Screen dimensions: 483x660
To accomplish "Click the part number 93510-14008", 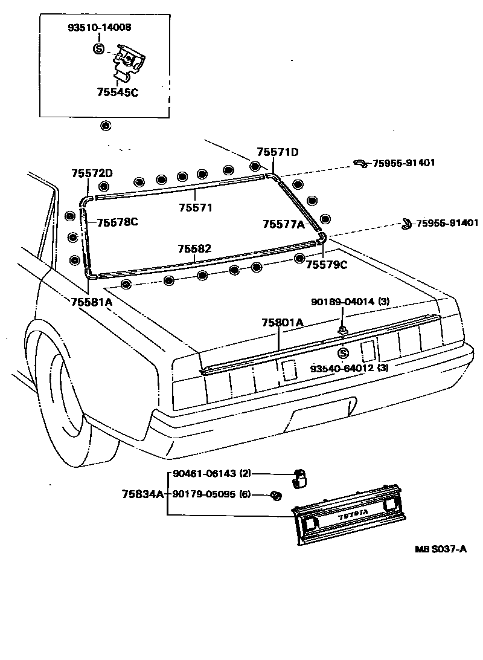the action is (x=99, y=28).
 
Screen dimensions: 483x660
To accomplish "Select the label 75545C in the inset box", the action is (x=117, y=92).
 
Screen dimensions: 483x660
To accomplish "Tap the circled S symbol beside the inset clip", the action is (x=99, y=49).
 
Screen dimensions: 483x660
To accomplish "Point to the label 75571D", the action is (x=278, y=152).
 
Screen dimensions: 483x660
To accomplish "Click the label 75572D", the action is (x=92, y=173).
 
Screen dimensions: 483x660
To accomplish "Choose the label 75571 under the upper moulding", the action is (x=196, y=207).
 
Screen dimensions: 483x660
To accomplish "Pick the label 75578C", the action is (x=117, y=222).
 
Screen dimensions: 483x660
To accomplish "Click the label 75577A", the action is (x=283, y=224).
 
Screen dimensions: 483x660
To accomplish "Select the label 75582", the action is (x=194, y=249).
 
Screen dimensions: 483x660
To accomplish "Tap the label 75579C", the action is (x=327, y=265).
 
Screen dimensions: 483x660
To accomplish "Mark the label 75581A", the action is (x=92, y=302).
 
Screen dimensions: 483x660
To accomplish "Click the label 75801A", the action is (x=282, y=323).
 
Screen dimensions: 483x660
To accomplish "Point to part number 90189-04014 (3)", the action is (x=350, y=302).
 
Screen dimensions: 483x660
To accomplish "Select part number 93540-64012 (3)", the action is (x=350, y=368).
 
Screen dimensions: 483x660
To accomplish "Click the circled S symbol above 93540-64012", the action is (x=344, y=353).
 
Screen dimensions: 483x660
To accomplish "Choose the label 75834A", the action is (x=143, y=494).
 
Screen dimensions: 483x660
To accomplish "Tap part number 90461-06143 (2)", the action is (x=212, y=473).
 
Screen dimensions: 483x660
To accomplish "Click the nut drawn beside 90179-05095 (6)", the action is (x=276, y=496).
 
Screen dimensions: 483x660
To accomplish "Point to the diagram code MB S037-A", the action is (x=441, y=549).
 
